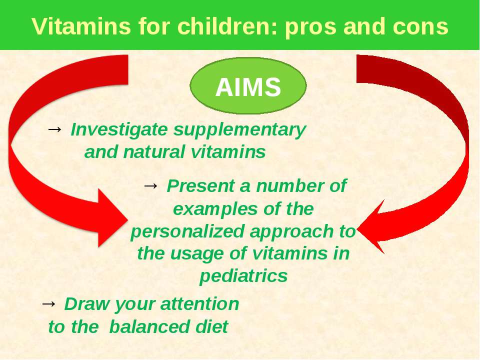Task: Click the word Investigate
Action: point(119,130)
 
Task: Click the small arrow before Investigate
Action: point(54,129)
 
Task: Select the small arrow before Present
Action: point(150,185)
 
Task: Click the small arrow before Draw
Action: point(48,303)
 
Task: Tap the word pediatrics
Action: point(243,276)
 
